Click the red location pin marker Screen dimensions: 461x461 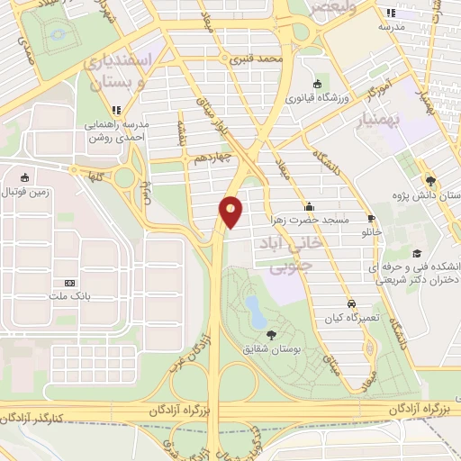231,211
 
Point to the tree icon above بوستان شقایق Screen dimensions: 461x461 272,335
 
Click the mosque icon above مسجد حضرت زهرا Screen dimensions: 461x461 309,204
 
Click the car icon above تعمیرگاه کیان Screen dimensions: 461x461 351,304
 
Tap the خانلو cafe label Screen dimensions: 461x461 372,232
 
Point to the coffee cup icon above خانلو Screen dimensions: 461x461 371,219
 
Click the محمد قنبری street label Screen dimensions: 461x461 258,59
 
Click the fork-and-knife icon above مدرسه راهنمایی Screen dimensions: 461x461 116,109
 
